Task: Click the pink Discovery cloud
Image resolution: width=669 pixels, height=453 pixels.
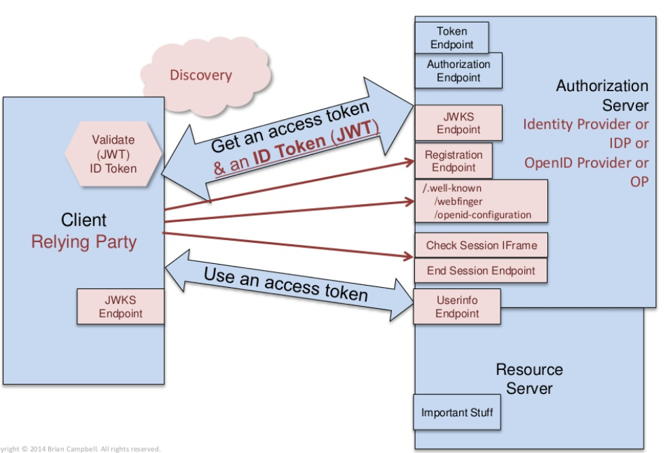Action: (200, 75)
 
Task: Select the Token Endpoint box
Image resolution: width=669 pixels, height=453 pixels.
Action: (452, 37)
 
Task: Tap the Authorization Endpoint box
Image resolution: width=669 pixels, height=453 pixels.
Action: (458, 71)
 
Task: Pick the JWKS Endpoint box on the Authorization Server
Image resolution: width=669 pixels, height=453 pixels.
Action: (458, 123)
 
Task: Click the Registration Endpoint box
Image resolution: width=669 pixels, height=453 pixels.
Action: (453, 161)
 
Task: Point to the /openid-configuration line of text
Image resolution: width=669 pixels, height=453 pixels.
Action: (482, 215)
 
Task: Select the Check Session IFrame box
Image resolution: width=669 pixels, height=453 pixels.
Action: (481, 246)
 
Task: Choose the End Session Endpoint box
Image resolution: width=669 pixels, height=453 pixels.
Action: (481, 271)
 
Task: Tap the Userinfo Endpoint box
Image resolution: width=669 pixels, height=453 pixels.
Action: (457, 307)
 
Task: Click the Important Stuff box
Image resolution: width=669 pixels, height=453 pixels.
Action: (457, 413)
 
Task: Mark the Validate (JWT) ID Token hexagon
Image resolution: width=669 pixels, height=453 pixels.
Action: (113, 154)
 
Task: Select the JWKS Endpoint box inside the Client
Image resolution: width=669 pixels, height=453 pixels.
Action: (121, 307)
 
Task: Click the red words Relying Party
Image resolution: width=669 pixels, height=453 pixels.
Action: (84, 241)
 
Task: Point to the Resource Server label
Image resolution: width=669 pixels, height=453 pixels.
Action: (529, 379)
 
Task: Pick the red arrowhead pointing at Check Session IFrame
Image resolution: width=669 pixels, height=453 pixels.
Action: (409, 256)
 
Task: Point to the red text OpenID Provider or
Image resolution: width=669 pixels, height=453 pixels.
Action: (586, 163)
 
